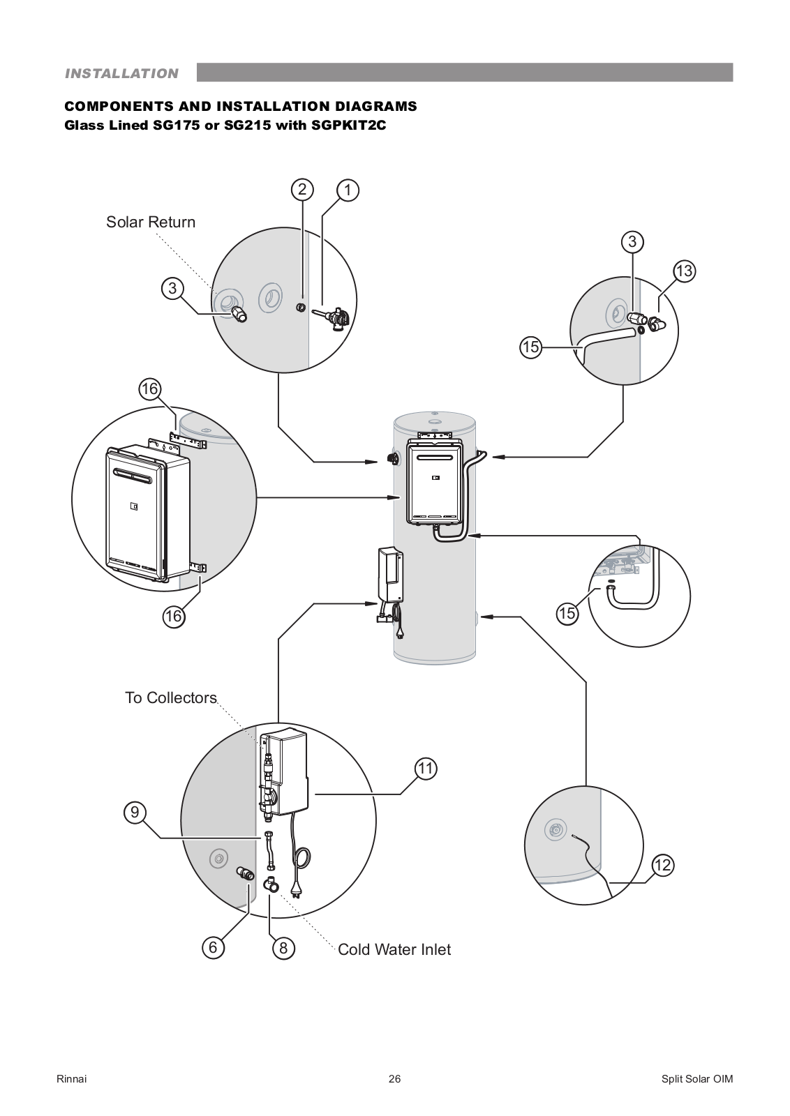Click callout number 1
point(348,190)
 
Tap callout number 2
point(302,189)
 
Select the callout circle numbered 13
point(684,271)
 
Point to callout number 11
point(426,769)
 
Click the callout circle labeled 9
point(135,812)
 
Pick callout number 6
point(213,947)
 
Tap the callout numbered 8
point(283,948)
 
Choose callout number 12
point(662,866)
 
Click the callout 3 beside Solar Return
point(172,288)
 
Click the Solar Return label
point(151,222)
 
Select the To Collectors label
point(171,697)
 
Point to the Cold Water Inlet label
point(394,949)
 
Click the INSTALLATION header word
point(121,73)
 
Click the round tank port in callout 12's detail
point(555,830)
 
